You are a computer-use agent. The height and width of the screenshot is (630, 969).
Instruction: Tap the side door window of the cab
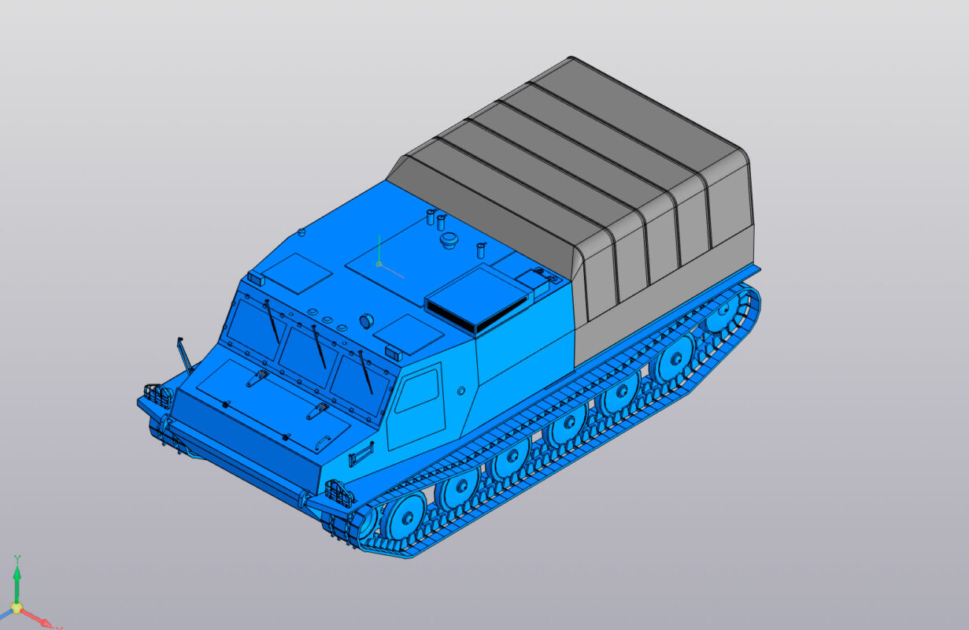coord(417,390)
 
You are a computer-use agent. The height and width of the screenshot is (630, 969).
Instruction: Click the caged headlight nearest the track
coord(339,493)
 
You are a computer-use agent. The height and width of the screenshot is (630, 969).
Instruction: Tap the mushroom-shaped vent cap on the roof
coord(449,239)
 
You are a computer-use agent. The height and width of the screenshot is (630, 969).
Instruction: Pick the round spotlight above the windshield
coord(367,321)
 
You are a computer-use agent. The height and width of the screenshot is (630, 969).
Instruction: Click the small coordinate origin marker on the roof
coord(379,265)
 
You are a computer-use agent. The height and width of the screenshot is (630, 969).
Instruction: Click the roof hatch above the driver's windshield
coord(296,272)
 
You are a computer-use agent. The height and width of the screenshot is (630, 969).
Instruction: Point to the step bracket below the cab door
coord(361,454)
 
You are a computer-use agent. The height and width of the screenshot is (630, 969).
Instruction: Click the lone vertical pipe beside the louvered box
coord(480,250)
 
